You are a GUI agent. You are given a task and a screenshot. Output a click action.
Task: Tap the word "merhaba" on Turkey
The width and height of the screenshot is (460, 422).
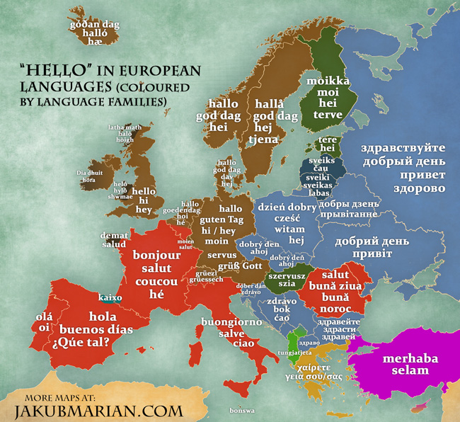[410, 358]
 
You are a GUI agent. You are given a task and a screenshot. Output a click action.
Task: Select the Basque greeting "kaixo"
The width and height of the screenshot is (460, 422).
[110, 298]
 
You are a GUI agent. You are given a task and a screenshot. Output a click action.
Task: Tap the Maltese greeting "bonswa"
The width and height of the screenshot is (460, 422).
[241, 411]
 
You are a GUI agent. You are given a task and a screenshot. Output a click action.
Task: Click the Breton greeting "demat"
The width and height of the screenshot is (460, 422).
[113, 233]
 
